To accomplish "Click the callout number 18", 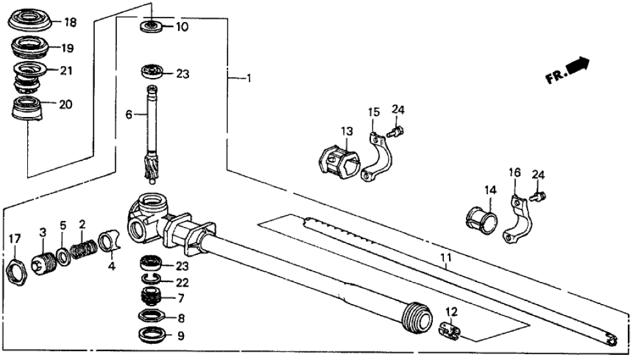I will click(x=70, y=23).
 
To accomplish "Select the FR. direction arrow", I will click(x=577, y=65).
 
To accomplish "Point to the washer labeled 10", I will click(x=150, y=27).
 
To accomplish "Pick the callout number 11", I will click(x=445, y=259).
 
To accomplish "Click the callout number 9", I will click(x=181, y=336).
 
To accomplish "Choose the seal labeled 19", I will click(x=29, y=47).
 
